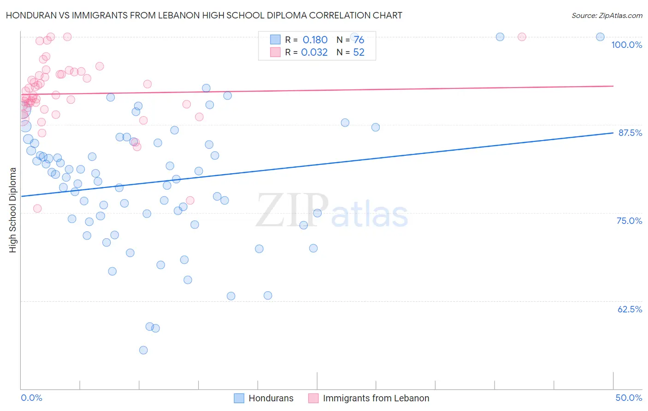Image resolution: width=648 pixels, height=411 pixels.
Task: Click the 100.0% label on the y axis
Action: point(626,45)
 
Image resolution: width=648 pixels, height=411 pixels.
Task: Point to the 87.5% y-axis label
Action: point(630,133)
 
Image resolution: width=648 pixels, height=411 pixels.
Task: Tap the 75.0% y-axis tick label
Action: point(629,221)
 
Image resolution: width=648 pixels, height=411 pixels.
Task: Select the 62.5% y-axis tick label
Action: point(630,309)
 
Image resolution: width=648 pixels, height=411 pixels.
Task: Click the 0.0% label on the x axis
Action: point(31,398)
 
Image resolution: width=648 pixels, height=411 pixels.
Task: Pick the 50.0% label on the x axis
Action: point(629,398)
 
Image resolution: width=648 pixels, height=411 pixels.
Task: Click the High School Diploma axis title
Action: point(13,210)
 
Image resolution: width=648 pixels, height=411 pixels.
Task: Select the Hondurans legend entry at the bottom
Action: point(271,398)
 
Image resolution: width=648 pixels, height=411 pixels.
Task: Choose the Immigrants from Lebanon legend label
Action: point(376,398)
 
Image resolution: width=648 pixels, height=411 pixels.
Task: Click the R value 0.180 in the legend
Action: point(315,40)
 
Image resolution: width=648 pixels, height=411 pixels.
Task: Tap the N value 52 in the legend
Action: point(359,53)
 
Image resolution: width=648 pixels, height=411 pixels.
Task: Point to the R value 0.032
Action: point(314,53)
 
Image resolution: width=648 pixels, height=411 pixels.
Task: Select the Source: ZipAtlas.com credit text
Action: point(607,16)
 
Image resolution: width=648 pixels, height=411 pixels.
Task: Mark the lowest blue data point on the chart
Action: point(143,350)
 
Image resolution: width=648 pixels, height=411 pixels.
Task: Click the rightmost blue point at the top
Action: point(600,37)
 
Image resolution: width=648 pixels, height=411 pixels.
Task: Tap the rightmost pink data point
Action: point(522,37)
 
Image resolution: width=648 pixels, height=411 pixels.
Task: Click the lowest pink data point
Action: point(37,209)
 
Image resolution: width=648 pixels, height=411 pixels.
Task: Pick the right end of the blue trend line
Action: point(613,133)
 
